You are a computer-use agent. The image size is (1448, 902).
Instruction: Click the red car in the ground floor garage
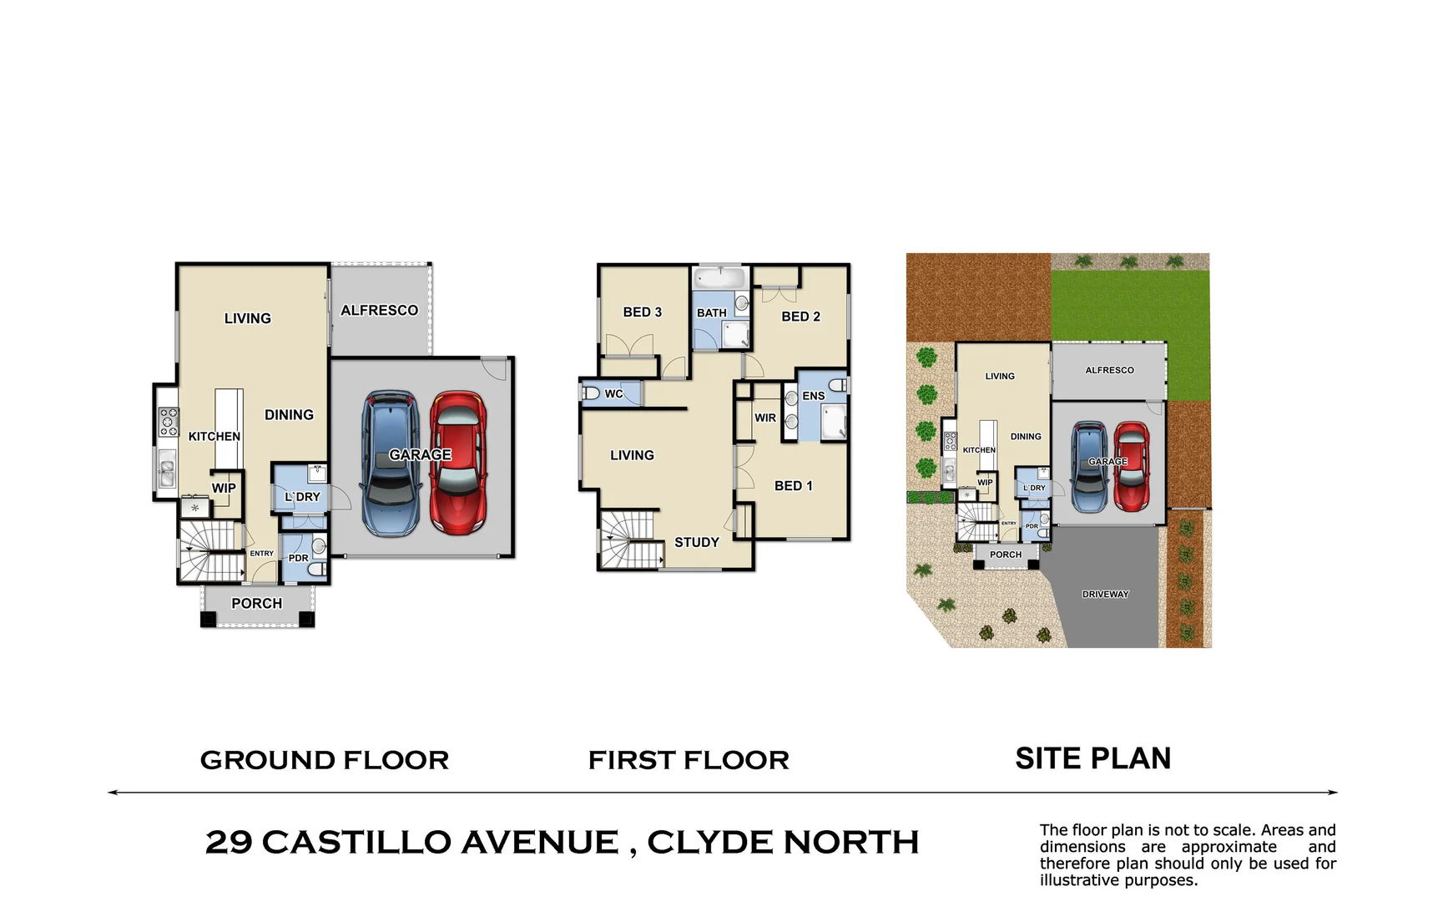(458, 464)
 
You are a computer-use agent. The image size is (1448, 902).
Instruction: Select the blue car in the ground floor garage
(391, 464)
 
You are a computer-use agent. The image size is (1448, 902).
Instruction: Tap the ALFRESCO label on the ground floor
(379, 311)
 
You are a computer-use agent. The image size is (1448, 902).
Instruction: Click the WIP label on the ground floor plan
(224, 489)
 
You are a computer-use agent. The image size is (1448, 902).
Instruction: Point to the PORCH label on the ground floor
(257, 604)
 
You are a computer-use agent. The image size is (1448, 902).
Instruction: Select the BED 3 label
(642, 312)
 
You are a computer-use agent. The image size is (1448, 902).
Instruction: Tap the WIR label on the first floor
(765, 418)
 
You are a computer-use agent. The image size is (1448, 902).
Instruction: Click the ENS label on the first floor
(814, 396)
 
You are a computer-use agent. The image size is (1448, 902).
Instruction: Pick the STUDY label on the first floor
(697, 543)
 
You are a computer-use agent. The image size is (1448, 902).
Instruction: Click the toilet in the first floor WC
(591, 393)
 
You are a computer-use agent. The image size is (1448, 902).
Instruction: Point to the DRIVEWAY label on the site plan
(1105, 595)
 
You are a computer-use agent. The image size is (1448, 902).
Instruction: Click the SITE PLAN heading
(1093, 758)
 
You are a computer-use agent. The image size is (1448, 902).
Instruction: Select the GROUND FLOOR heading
(325, 760)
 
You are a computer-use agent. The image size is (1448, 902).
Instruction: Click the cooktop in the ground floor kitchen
(169, 422)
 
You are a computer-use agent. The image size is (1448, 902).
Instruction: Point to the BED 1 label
(793, 486)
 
